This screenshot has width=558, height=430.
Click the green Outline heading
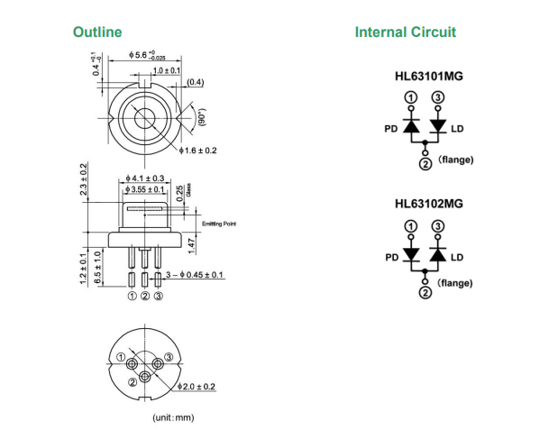pos(97,32)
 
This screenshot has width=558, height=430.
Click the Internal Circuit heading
pos(405,32)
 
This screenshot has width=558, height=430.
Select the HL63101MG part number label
pos(429,77)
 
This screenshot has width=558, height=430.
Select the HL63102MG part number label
pos(429,204)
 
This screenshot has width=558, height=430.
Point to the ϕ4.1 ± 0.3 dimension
pos(145,178)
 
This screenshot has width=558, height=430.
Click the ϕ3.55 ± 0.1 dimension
pos(145,190)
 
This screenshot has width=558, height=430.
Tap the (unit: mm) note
pos(172,417)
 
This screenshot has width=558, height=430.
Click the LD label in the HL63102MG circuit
pos(457,257)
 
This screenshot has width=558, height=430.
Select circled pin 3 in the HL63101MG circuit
pos(438,97)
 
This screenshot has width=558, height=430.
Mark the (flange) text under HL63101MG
pos(455,160)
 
